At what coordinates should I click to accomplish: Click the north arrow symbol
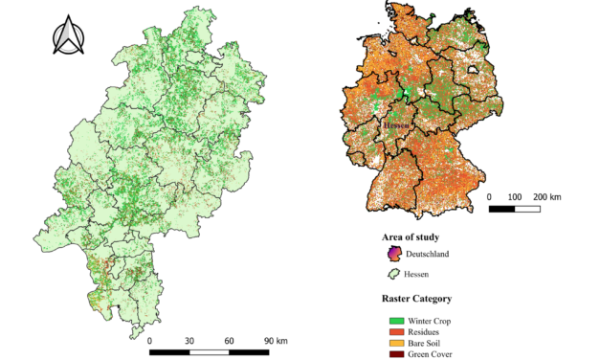67,37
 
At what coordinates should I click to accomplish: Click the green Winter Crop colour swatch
395,320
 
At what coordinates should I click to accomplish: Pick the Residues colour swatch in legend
395,331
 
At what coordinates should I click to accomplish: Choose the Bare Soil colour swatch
395,343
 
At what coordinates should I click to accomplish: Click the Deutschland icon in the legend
391,254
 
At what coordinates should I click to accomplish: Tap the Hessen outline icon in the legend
391,275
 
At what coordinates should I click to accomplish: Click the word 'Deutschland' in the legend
428,255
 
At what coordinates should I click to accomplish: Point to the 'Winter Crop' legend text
430,320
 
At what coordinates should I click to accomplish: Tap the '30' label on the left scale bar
189,340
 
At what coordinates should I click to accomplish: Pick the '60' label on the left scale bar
230,340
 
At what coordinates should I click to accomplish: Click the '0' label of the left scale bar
150,340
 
